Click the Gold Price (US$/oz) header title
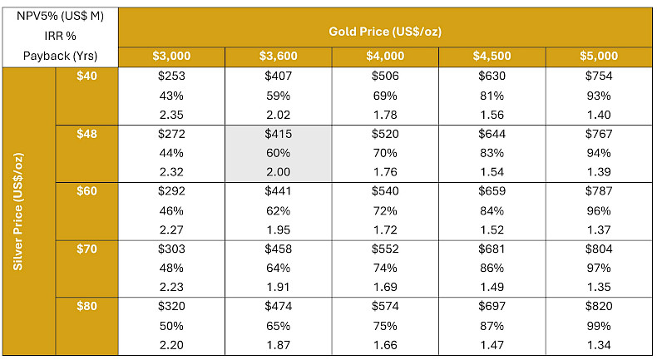click(385, 32)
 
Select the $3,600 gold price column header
click(279, 56)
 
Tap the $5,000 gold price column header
click(599, 56)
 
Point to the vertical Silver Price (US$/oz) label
click(18, 212)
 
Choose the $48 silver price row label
click(86, 134)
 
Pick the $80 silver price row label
click(86, 306)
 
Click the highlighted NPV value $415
click(279, 134)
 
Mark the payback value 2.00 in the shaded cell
click(279, 172)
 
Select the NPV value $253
click(171, 76)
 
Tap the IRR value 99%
click(599, 326)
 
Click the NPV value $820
click(599, 306)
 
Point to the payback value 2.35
click(171, 115)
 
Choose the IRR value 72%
click(385, 210)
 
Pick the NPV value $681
click(492, 249)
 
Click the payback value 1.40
click(599, 115)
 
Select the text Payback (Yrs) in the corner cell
click(60, 57)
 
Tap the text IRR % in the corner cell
click(60, 36)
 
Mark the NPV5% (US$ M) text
click(60, 17)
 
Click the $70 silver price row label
click(86, 249)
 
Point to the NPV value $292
click(171, 191)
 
